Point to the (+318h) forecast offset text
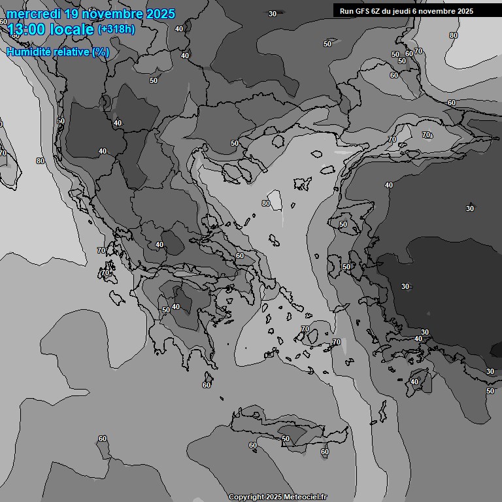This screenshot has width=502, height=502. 117,29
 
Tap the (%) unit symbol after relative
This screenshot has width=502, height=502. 100,52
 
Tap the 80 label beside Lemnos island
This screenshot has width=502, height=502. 266,203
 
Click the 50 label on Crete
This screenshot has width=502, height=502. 286,439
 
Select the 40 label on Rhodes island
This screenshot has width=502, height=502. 414,382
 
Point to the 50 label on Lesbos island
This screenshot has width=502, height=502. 343,224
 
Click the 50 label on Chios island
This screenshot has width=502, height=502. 346,267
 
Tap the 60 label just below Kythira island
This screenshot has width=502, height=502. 207,385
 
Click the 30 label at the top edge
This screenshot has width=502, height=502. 272,14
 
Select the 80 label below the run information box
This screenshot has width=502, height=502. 454,35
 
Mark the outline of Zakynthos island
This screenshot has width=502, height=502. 118,298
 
